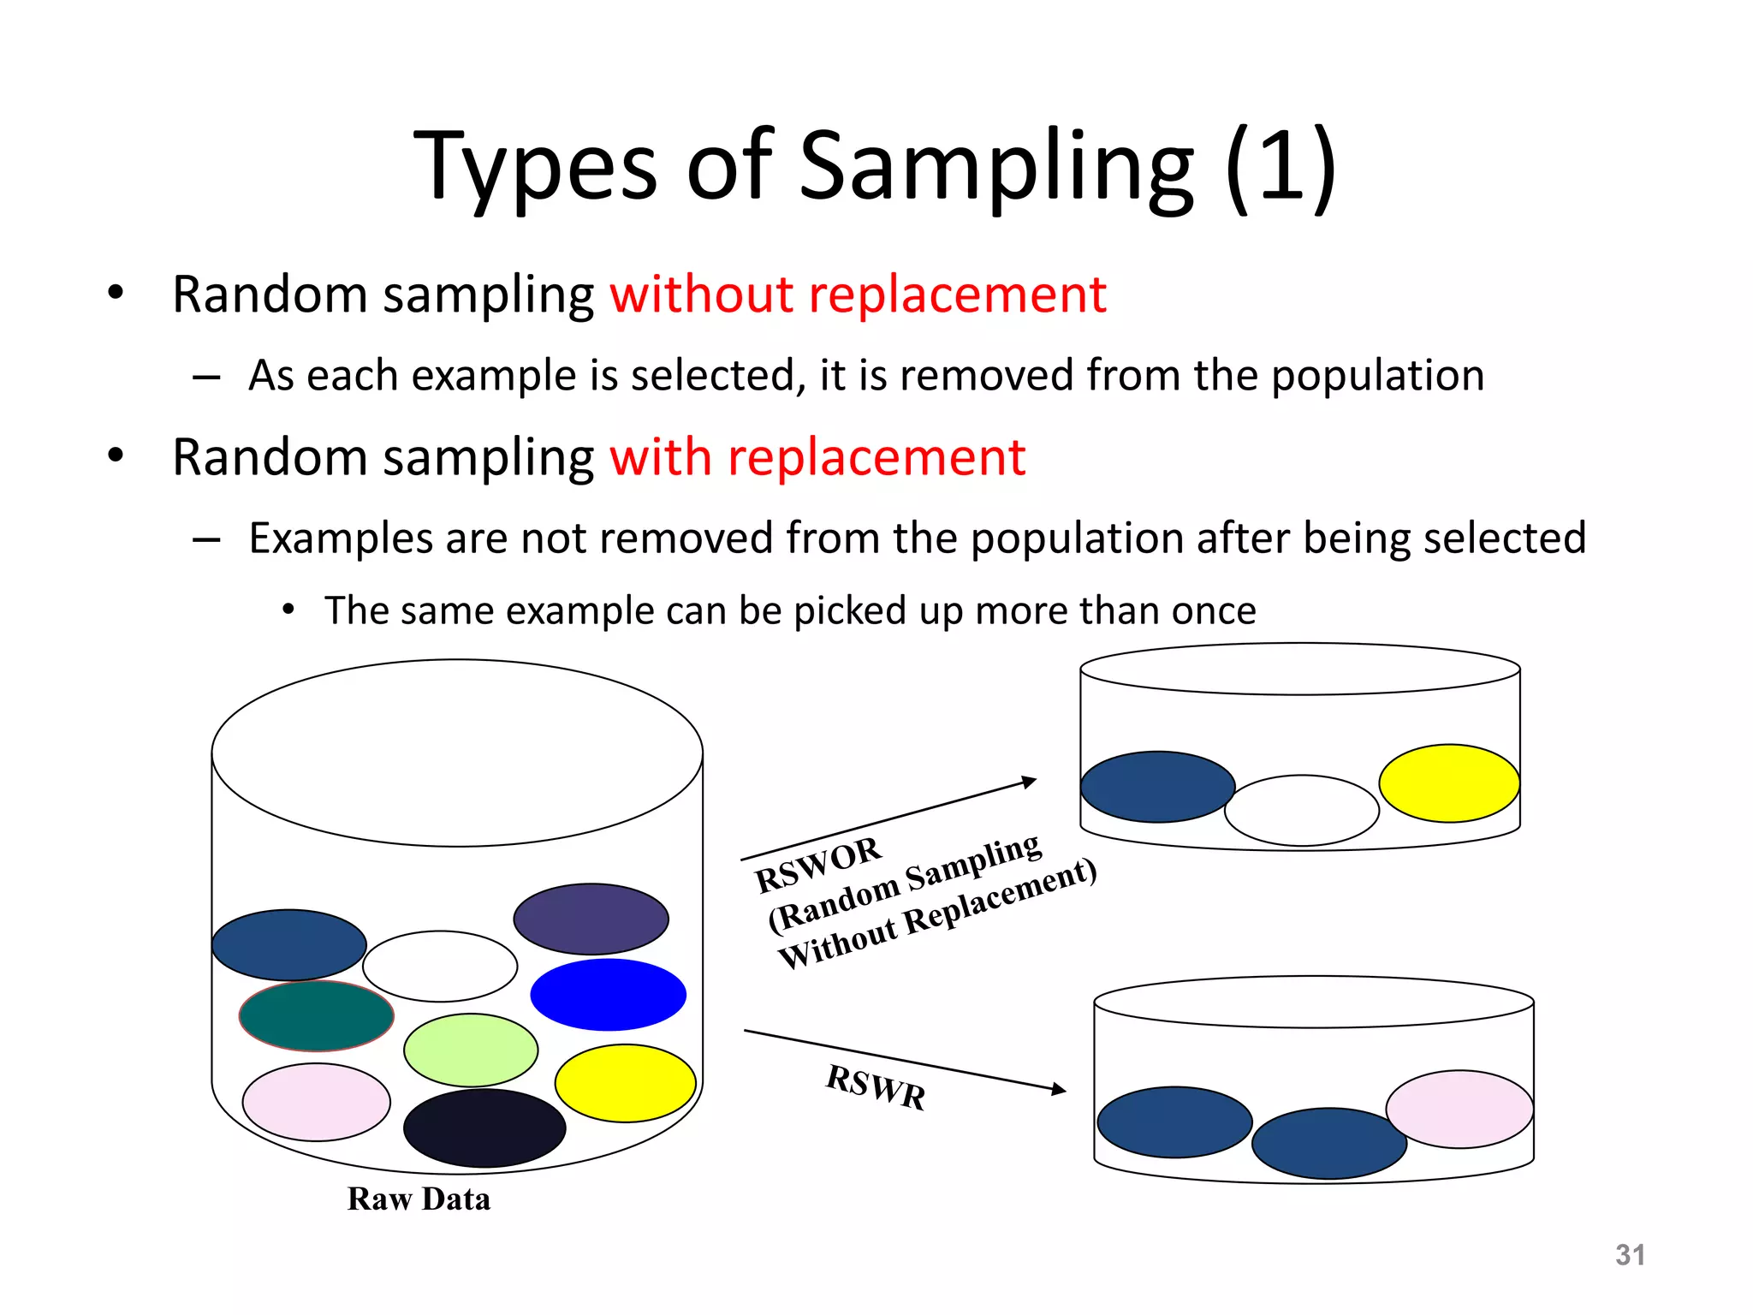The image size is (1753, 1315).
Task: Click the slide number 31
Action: point(1630,1255)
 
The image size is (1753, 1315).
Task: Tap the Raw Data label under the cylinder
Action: point(419,1199)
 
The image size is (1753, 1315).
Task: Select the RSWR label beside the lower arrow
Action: point(876,1086)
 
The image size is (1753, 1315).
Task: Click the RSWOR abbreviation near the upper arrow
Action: point(817,865)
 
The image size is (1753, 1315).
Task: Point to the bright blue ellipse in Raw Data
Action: point(608,995)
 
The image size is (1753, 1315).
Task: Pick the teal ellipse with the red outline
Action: point(316,1016)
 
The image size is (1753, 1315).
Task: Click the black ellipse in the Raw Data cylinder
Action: point(484,1128)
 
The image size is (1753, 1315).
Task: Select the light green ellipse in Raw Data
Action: point(471,1050)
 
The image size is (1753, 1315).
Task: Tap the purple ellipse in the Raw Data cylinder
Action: point(591,919)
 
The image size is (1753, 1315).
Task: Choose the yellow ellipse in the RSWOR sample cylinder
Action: point(1449,783)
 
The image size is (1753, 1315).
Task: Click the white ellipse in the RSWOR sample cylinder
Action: point(1302,810)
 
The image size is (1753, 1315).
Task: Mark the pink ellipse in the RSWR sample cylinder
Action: point(1459,1109)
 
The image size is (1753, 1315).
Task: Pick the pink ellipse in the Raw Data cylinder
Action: point(316,1103)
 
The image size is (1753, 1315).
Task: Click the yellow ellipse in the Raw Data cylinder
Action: point(625,1083)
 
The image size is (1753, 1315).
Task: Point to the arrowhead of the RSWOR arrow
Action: point(1031,782)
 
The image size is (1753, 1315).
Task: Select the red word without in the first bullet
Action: point(701,295)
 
